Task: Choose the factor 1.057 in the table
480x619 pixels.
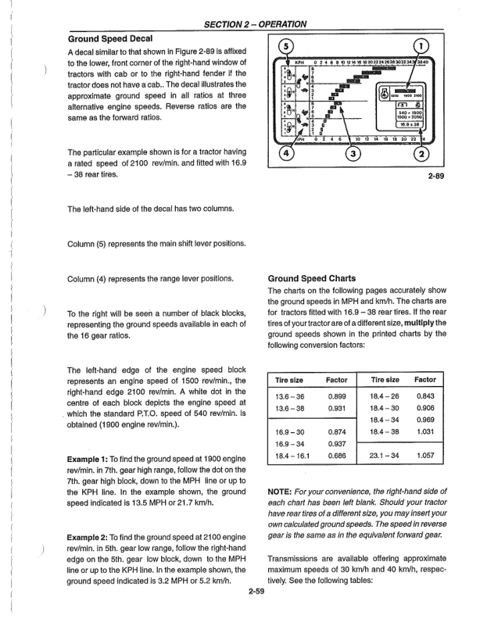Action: click(426, 453)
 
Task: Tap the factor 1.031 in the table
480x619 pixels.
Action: click(426, 431)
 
